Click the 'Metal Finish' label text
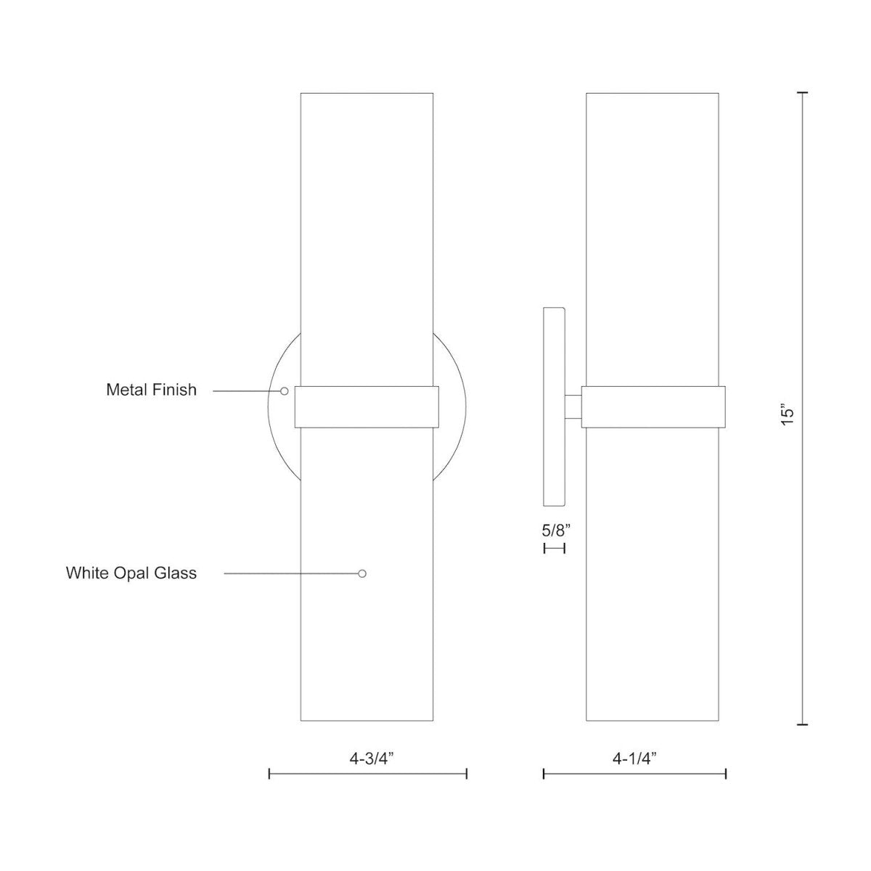click(151, 390)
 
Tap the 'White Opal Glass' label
click(131, 573)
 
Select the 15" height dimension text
click(788, 414)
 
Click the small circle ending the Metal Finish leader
click(285, 390)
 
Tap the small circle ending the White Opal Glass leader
click(362, 573)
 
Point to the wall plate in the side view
click(554, 406)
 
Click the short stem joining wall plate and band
click(573, 406)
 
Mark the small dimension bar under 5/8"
click(554, 549)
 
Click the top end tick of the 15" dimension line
click(802, 94)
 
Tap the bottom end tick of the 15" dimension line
click(802, 724)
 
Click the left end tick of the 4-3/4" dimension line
click(270, 774)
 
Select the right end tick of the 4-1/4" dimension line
click(726, 774)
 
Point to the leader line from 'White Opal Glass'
click(290, 573)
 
